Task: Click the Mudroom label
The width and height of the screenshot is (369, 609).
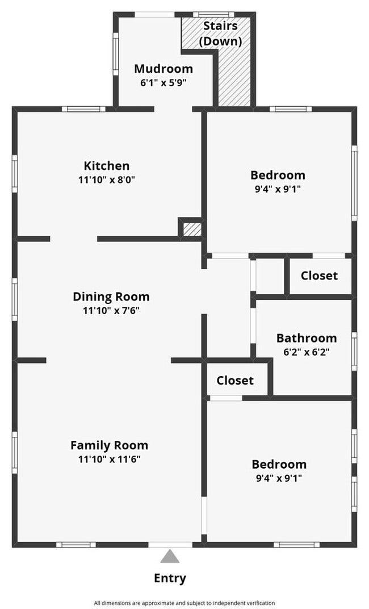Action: [163, 69]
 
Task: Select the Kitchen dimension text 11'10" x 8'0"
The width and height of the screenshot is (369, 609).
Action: [107, 180]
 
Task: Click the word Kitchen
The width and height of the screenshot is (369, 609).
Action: [107, 166]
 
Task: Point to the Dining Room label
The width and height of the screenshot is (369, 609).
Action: [111, 297]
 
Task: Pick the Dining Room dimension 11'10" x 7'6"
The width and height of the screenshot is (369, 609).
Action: [111, 311]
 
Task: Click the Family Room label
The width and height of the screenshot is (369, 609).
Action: [109, 445]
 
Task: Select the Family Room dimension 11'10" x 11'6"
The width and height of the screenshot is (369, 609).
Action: [109, 460]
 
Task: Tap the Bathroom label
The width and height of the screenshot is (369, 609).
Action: [306, 338]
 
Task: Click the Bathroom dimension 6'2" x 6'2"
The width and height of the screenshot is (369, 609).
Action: [306, 352]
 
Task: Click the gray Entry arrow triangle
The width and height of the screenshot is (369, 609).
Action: [170, 556]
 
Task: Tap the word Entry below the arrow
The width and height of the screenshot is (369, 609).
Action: [170, 578]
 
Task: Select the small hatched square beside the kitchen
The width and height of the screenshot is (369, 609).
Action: [192, 229]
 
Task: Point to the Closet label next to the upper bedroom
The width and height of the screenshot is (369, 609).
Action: [319, 276]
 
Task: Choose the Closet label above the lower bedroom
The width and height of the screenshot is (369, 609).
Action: [234, 380]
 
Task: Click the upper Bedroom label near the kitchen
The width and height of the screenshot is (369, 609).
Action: [278, 175]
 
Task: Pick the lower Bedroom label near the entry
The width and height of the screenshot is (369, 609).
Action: [279, 464]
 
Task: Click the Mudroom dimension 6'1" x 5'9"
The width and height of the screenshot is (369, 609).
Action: [163, 82]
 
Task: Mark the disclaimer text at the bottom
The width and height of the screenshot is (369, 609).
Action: [184, 603]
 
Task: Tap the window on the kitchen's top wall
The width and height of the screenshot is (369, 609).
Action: [83, 109]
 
